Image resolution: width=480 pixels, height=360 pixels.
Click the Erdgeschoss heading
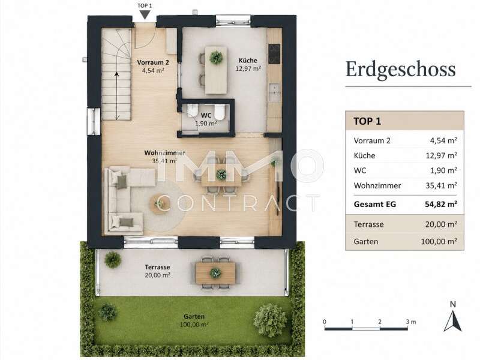[x=400, y=70]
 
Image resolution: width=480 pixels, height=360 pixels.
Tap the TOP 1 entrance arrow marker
[x=145, y=14]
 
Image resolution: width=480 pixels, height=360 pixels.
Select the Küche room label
[x=248, y=61]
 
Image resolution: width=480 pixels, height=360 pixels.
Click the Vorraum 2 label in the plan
[x=153, y=62]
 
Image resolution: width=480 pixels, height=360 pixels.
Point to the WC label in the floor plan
[x=206, y=115]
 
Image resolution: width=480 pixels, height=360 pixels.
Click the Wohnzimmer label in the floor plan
[x=164, y=152]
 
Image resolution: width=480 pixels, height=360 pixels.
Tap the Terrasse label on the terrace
[x=157, y=267]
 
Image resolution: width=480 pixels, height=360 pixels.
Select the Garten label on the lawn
[x=194, y=317]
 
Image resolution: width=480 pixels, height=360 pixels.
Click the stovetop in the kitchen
[x=274, y=54]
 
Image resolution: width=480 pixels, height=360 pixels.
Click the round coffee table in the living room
[x=159, y=203]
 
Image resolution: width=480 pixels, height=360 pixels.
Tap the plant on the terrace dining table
[x=215, y=272]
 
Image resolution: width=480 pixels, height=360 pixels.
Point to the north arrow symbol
[x=453, y=321]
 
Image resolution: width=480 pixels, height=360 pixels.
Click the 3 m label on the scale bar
[x=411, y=322]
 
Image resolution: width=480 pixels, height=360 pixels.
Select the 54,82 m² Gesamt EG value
[x=441, y=204]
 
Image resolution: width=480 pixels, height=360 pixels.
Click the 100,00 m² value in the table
[x=439, y=241]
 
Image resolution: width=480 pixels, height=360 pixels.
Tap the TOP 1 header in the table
[x=367, y=121]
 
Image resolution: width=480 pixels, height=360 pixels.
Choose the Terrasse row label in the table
[x=368, y=224]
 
